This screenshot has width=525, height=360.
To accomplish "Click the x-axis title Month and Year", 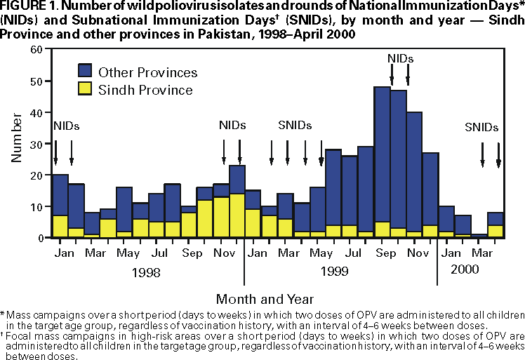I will pyautogui.click(x=265, y=298).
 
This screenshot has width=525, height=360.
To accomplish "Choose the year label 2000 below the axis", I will pyautogui.click(x=465, y=269).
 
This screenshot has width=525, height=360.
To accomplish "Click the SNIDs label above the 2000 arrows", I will pyautogui.click(x=481, y=128).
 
